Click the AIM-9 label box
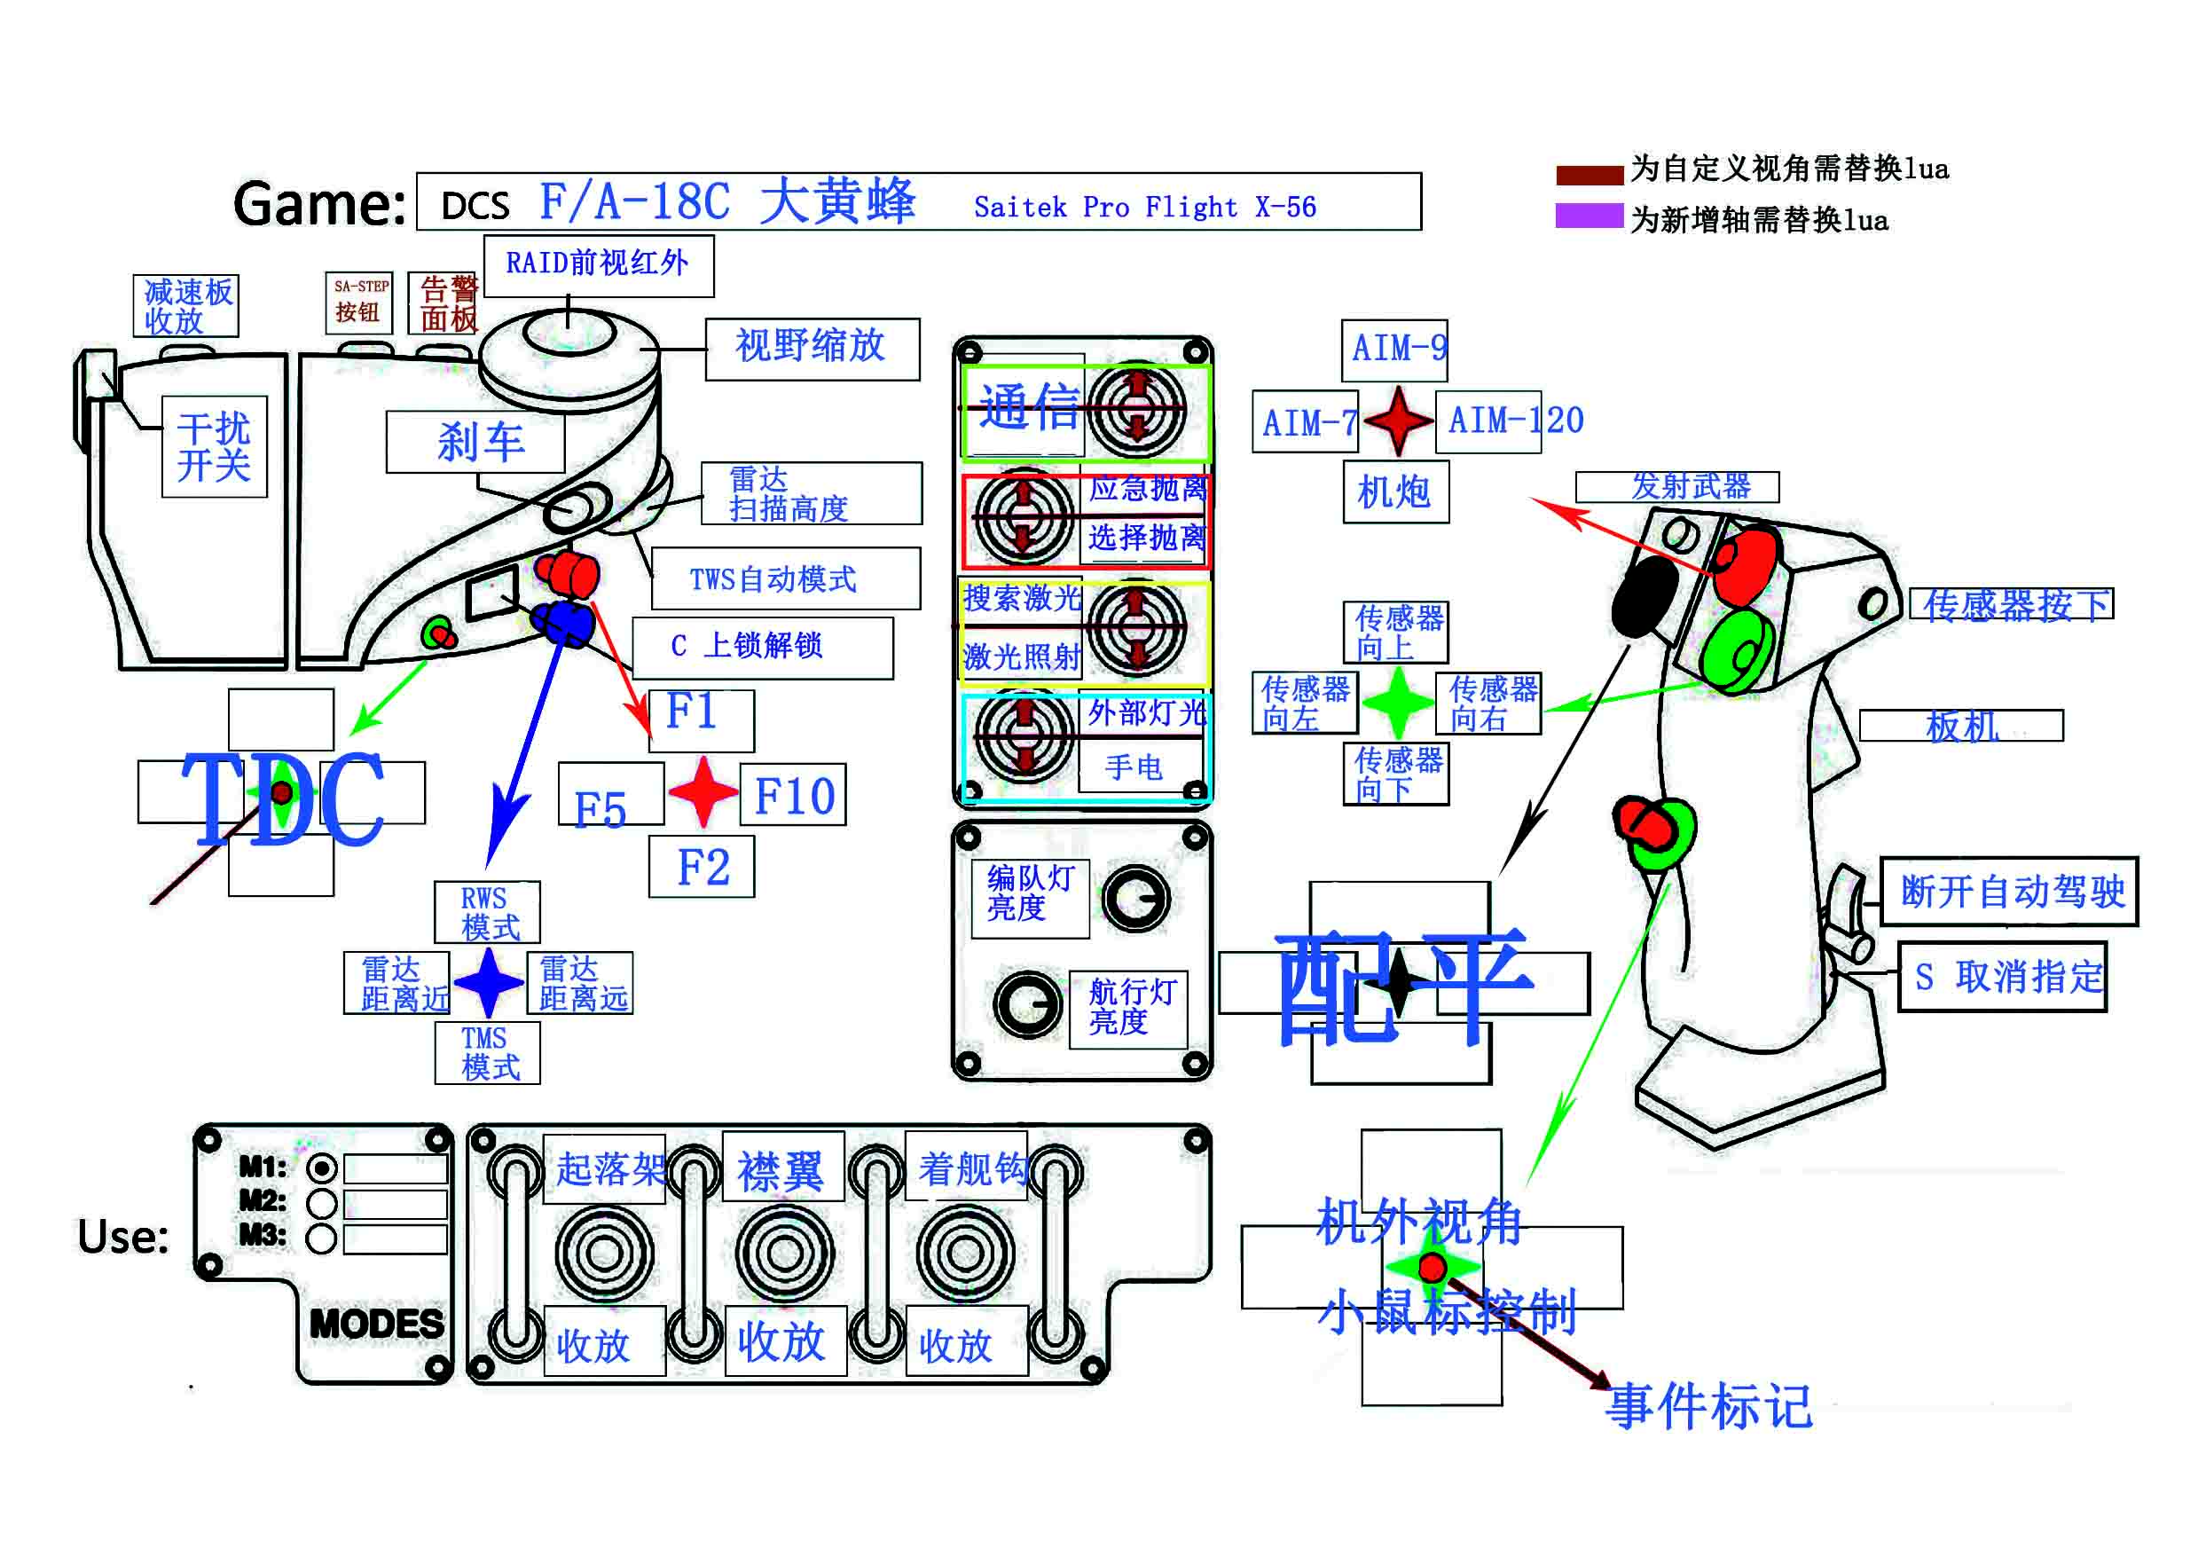[1393, 350]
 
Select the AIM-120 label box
[1488, 421]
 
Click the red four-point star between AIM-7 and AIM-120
[1398, 421]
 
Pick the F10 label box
[793, 795]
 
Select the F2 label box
[702, 867]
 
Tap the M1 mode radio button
[322, 1169]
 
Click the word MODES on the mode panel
[376, 1324]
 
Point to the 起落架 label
[609, 1168]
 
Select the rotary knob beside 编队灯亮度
[1135, 899]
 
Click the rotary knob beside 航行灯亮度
[1028, 1004]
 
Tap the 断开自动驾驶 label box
[2009, 892]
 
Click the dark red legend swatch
[1589, 174]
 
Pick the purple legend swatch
[1589, 216]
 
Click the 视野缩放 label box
[812, 349]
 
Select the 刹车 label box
[475, 443]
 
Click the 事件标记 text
[1707, 1405]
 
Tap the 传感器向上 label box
[1396, 632]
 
